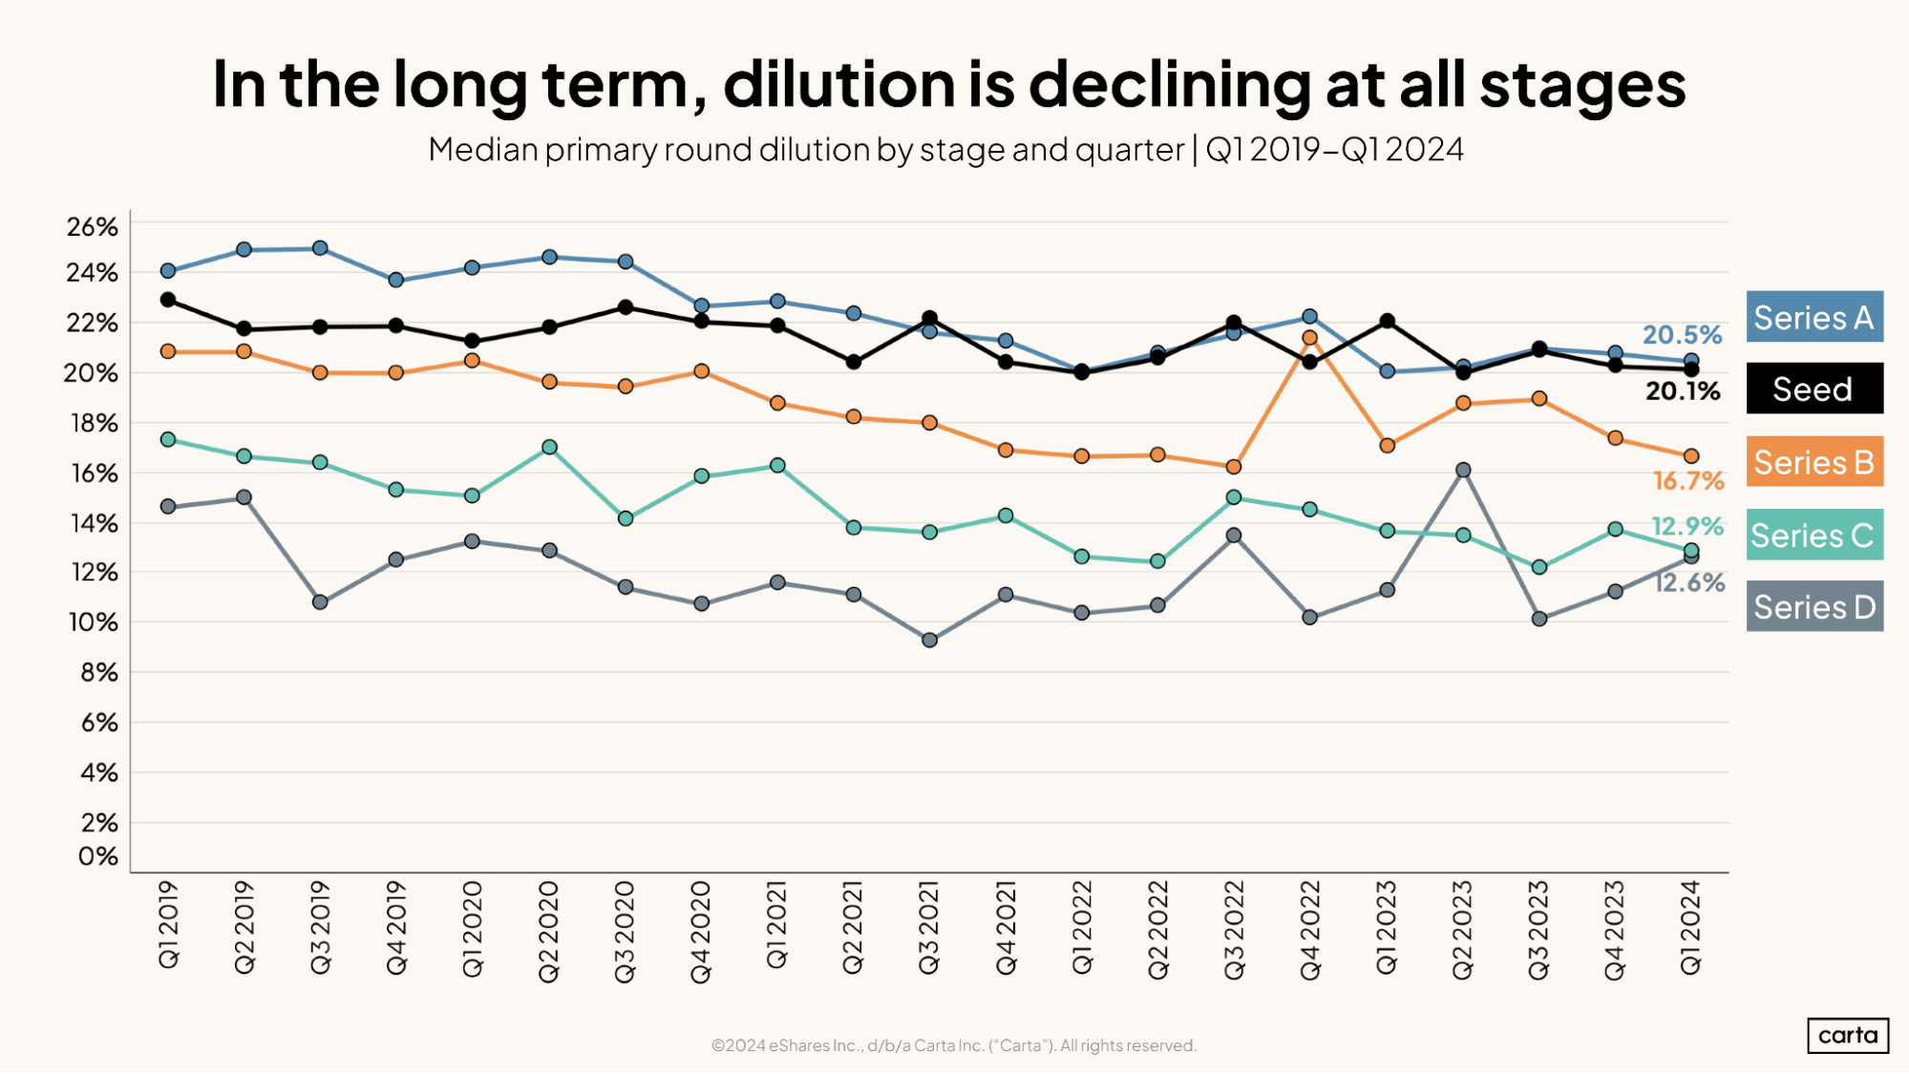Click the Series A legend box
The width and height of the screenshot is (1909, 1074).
coord(1814,317)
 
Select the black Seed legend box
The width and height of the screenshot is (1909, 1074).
coord(1814,389)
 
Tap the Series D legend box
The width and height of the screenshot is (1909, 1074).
coord(1814,606)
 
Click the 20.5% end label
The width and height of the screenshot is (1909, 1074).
coord(1681,335)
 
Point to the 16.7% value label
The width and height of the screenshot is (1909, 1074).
coord(1687,481)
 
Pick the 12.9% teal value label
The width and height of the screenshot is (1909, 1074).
coord(1686,526)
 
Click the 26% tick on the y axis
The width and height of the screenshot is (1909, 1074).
coord(93,227)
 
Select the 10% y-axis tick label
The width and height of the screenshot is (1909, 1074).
coord(93,622)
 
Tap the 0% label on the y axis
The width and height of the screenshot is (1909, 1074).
coord(97,856)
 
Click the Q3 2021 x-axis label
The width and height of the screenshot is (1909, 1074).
coord(929,927)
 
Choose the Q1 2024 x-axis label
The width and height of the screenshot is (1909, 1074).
coord(1690,927)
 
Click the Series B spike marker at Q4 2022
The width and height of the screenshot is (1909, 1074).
coord(1309,338)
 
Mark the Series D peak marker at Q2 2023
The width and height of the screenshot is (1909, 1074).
coord(1462,470)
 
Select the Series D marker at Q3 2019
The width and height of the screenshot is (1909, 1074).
coord(320,602)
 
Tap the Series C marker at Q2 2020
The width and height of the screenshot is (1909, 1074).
coord(549,447)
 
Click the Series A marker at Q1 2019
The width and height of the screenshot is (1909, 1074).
coord(168,271)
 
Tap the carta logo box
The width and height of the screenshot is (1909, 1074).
coord(1847,1036)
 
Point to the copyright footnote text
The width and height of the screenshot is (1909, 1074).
coord(953,1045)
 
